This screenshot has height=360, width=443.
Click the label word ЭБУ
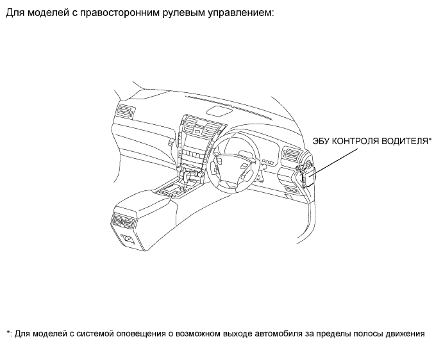click(x=321, y=141)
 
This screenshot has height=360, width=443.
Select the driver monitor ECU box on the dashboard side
click(x=309, y=176)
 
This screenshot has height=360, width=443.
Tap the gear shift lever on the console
click(x=187, y=177)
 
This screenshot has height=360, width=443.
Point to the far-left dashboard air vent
click(x=125, y=111)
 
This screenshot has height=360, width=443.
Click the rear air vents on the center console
click(x=123, y=220)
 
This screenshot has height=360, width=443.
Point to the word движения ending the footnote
click(x=406, y=334)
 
